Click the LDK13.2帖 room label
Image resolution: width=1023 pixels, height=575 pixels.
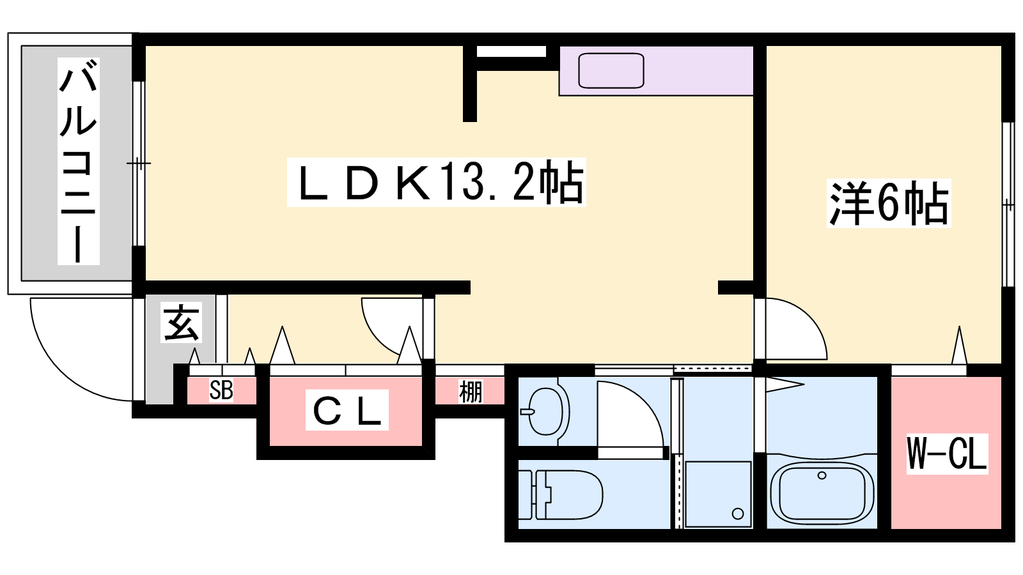(437, 183)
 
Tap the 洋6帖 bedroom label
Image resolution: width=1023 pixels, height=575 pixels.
(889, 204)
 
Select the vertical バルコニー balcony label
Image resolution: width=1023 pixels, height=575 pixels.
(78, 161)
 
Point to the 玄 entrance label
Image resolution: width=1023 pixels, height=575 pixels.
(182, 323)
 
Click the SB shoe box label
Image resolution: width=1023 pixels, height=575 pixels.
(221, 390)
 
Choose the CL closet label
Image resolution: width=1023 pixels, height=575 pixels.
(347, 410)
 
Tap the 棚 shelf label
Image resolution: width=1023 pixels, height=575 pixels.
(471, 392)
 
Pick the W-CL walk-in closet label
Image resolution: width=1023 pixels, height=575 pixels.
(947, 454)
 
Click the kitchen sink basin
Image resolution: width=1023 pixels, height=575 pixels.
(611, 70)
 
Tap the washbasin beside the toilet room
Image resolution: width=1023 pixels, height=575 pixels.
(547, 411)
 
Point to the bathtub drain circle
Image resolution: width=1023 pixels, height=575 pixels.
(822, 475)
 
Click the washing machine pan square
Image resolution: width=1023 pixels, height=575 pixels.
(718, 494)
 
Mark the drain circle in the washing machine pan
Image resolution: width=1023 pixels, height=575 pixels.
(738, 514)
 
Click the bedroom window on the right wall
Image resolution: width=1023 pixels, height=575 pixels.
(1008, 204)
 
